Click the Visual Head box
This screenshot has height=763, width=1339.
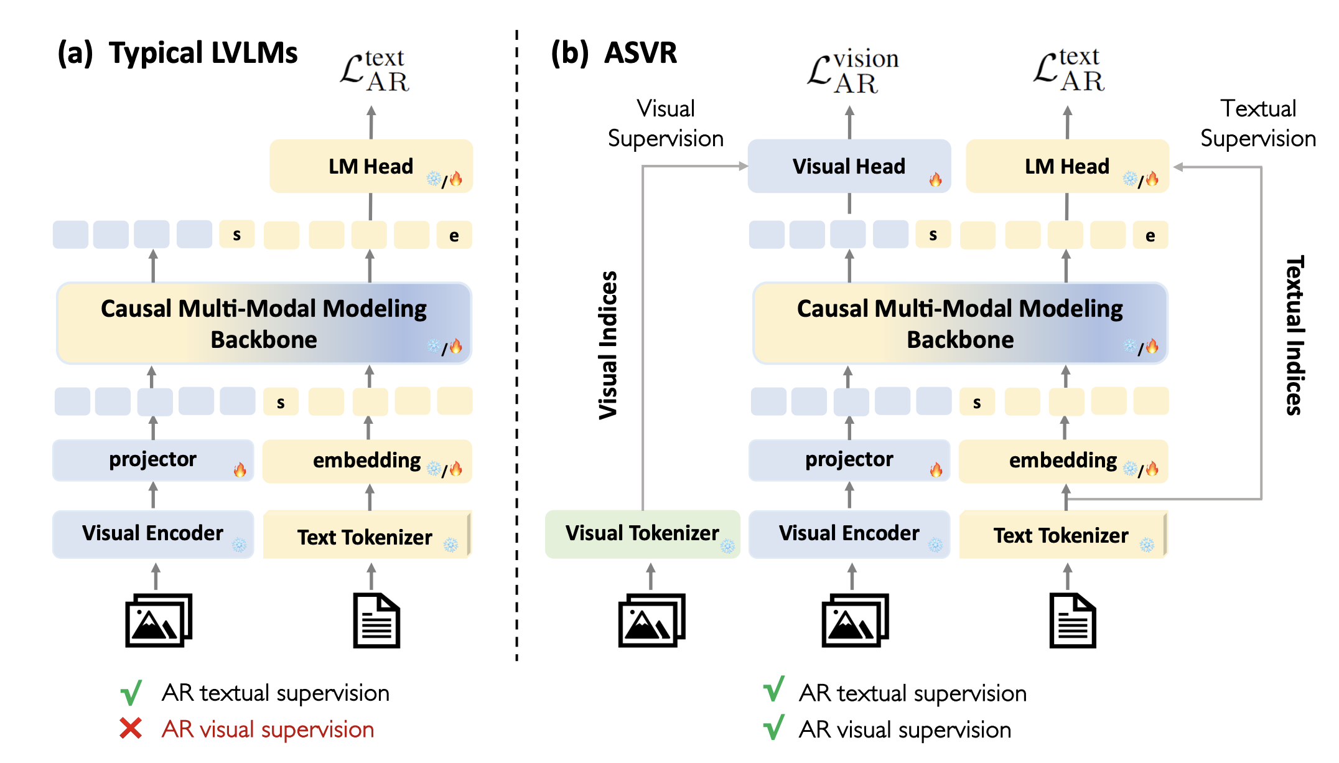(x=849, y=166)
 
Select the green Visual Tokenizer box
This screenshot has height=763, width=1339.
(x=642, y=534)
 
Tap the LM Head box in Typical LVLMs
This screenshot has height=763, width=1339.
(x=371, y=166)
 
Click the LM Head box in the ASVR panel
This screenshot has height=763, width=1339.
(x=1066, y=166)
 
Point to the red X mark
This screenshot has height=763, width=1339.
(x=131, y=728)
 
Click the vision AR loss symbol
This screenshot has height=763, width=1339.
(x=852, y=72)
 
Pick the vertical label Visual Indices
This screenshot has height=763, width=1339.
(x=608, y=345)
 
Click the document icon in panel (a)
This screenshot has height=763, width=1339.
(x=376, y=620)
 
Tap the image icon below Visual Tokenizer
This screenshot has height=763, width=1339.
(x=651, y=620)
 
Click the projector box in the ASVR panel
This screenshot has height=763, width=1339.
(x=849, y=461)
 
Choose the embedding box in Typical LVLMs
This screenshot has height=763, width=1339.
(x=367, y=461)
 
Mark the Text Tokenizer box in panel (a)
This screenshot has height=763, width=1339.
(x=366, y=535)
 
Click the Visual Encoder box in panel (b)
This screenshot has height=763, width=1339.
(x=849, y=534)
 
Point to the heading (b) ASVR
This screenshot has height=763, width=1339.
(x=614, y=53)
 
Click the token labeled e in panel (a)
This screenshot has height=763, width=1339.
(x=454, y=235)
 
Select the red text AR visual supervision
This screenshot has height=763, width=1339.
(x=268, y=729)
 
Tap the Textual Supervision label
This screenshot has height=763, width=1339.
(x=1257, y=123)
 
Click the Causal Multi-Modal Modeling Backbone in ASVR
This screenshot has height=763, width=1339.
(x=959, y=324)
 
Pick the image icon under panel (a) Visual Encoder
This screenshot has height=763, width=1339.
(x=159, y=620)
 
